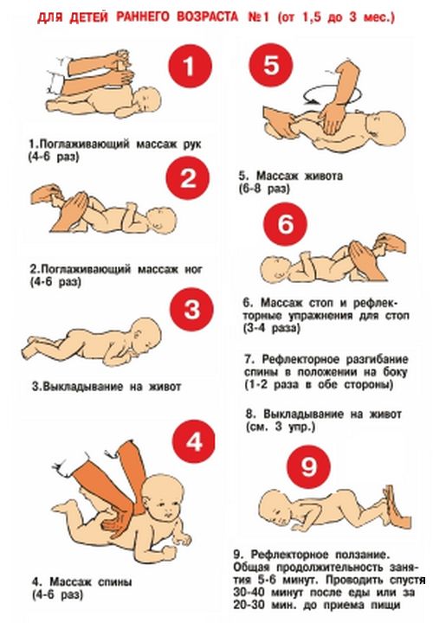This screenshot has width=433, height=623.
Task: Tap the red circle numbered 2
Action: click(188, 178)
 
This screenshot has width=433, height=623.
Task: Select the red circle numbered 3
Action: click(191, 310)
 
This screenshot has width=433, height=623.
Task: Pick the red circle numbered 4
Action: click(194, 441)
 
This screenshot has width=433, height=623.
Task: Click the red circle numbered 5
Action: click(271, 64)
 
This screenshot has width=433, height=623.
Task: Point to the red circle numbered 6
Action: click(286, 224)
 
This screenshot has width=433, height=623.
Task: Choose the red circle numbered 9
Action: click(309, 467)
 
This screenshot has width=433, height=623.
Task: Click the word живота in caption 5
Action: click(323, 175)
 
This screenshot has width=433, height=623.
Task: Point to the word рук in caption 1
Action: click(191, 144)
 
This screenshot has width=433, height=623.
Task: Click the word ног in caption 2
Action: click(193, 269)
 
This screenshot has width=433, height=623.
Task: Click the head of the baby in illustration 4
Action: click(163, 498)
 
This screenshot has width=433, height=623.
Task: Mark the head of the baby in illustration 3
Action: click(145, 333)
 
